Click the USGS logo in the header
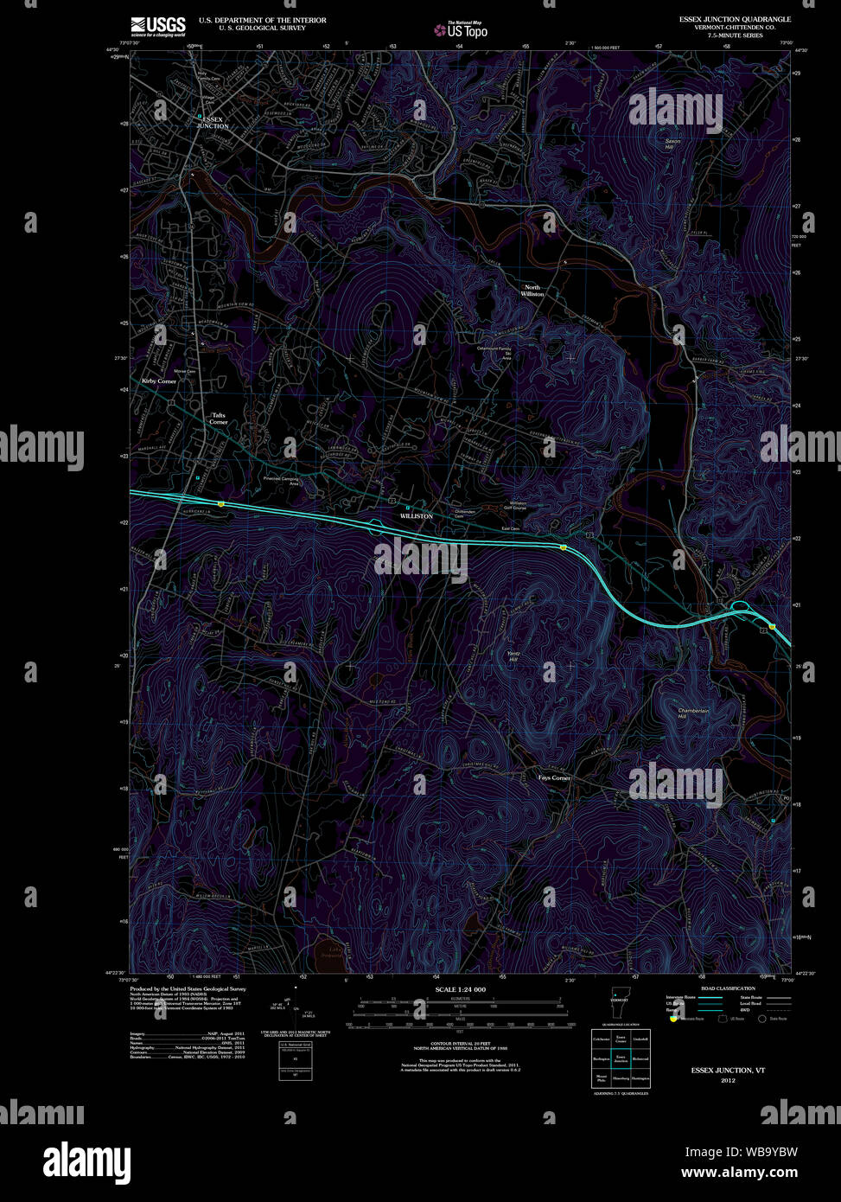tap(157, 25)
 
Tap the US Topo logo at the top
tap(461, 30)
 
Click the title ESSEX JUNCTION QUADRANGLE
tap(735, 19)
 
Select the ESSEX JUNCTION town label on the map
tap(213, 123)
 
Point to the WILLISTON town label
tap(416, 516)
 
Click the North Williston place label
tap(532, 291)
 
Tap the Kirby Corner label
tap(159, 380)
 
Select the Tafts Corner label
tap(219, 419)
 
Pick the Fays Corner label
tap(555, 777)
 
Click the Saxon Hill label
tap(672, 144)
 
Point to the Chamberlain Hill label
tap(693, 713)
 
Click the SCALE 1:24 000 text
tap(460, 989)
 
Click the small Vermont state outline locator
tap(615, 1006)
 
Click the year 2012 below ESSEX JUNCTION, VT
tap(728, 1080)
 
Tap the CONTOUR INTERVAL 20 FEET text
tap(460, 1043)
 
